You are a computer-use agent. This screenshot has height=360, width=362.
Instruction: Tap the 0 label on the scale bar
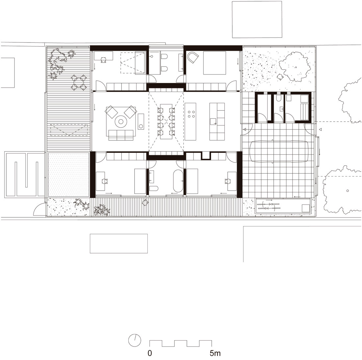(x=150, y=353)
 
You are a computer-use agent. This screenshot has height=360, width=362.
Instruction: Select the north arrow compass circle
(x=135, y=341)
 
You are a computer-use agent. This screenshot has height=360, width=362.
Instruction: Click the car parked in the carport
(x=279, y=152)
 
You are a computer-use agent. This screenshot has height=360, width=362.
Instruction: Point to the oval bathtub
(x=178, y=181)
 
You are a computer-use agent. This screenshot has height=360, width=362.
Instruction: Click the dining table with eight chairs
(x=166, y=122)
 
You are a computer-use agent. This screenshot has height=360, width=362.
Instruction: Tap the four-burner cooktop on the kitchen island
(x=191, y=114)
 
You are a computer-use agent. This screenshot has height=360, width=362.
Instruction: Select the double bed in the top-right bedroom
(x=215, y=63)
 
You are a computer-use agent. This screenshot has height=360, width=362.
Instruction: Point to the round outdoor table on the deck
(x=79, y=82)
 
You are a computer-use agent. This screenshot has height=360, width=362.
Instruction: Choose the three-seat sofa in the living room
(x=121, y=135)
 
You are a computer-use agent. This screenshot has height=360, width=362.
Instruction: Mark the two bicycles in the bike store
(x=268, y=206)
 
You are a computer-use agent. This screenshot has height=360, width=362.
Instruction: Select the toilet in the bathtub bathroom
(x=154, y=188)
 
